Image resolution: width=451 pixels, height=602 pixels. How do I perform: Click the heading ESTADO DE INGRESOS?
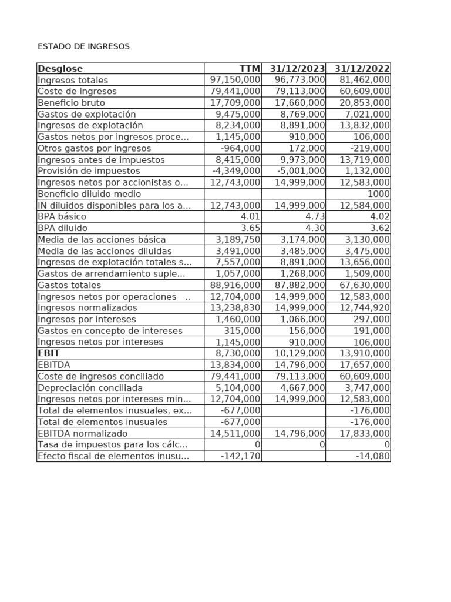tap(83, 46)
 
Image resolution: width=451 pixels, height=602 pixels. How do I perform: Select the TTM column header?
tap(250, 69)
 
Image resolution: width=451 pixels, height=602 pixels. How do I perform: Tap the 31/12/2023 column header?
tap(297, 69)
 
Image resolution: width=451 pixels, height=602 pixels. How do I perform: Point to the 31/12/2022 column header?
tap(362, 69)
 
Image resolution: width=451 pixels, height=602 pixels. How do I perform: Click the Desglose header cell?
tap(60, 69)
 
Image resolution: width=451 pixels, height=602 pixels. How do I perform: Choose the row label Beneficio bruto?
tap(71, 103)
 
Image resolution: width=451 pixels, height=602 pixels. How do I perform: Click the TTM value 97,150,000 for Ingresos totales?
tap(235, 80)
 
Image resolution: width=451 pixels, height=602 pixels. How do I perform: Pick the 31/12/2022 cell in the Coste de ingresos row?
tap(365, 91)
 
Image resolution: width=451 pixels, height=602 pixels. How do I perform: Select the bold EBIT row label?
tap(49, 353)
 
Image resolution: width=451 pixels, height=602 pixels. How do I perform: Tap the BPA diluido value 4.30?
tap(312, 228)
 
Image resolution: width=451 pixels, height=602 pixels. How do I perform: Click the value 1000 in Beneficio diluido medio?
tap(378, 194)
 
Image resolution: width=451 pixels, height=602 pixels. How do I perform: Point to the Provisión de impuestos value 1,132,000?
tap(365, 171)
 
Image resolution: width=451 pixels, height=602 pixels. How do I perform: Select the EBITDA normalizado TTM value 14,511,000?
tap(235, 433)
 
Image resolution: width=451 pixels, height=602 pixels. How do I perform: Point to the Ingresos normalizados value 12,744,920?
tap(365, 307)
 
